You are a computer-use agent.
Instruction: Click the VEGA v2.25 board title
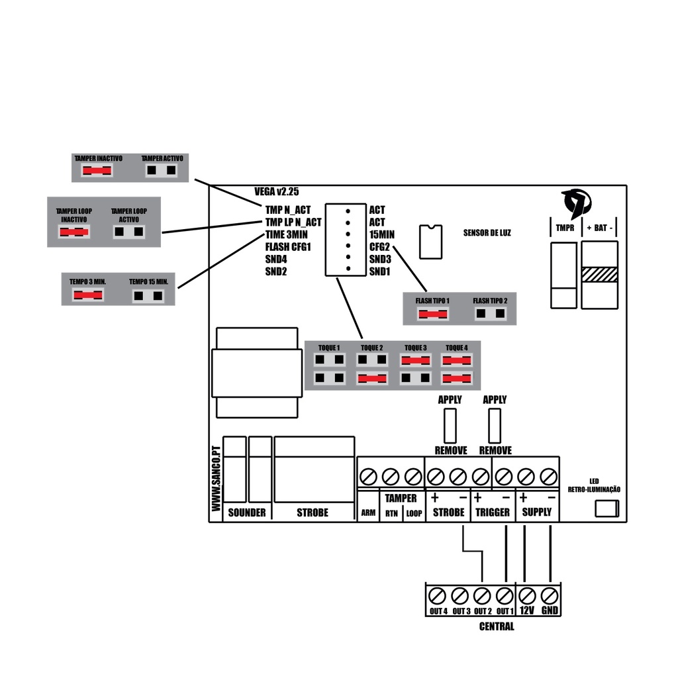tap(277, 191)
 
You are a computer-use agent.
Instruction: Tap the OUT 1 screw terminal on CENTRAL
tap(505, 594)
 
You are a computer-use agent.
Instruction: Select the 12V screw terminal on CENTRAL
tap(528, 594)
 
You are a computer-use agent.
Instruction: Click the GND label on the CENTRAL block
tap(549, 610)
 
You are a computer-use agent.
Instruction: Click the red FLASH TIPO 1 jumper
tap(432, 313)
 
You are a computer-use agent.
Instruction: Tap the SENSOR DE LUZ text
tap(487, 233)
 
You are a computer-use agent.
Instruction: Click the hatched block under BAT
tap(599, 274)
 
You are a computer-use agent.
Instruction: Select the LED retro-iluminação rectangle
tap(606, 508)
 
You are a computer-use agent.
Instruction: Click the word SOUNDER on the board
tap(247, 512)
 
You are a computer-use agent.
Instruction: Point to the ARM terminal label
tap(368, 513)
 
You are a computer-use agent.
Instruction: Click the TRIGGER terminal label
tap(493, 512)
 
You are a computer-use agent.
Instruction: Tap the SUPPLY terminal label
tap(536, 512)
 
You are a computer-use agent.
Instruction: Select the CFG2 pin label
tap(380, 246)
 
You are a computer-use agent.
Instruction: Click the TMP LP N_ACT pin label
tap(293, 222)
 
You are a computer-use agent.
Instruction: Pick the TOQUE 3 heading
tap(415, 348)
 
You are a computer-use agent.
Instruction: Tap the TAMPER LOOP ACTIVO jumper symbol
tap(129, 232)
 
